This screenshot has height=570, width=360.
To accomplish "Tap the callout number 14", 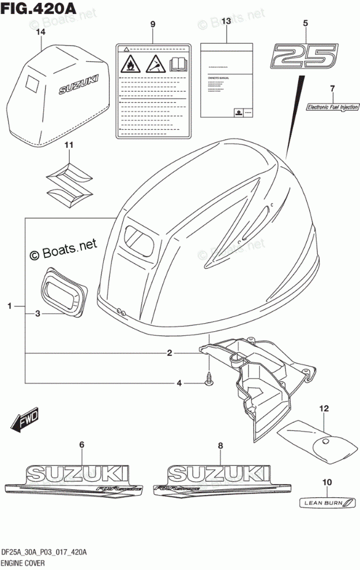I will pos(40,32).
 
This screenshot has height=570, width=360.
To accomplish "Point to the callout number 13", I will pos(226,22).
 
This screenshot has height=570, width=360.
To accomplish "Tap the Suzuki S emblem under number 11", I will pos(69,178).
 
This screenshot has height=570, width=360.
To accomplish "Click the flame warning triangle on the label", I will pos(131,63).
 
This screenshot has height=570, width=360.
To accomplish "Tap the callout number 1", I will pos(10,306).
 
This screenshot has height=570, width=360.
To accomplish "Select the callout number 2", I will pos(170,353).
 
